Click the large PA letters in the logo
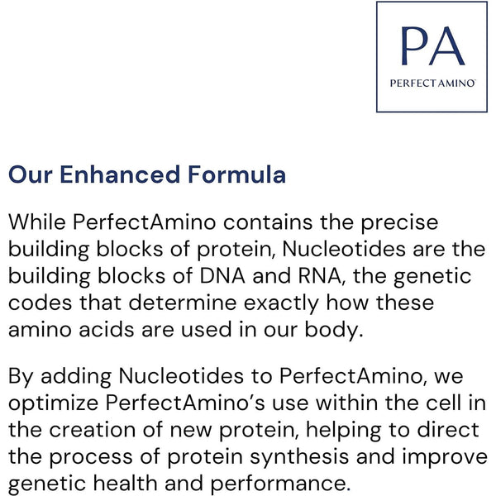431,47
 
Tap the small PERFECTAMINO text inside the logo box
431,83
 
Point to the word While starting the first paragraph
36,223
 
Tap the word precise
402,223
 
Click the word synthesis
311,457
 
